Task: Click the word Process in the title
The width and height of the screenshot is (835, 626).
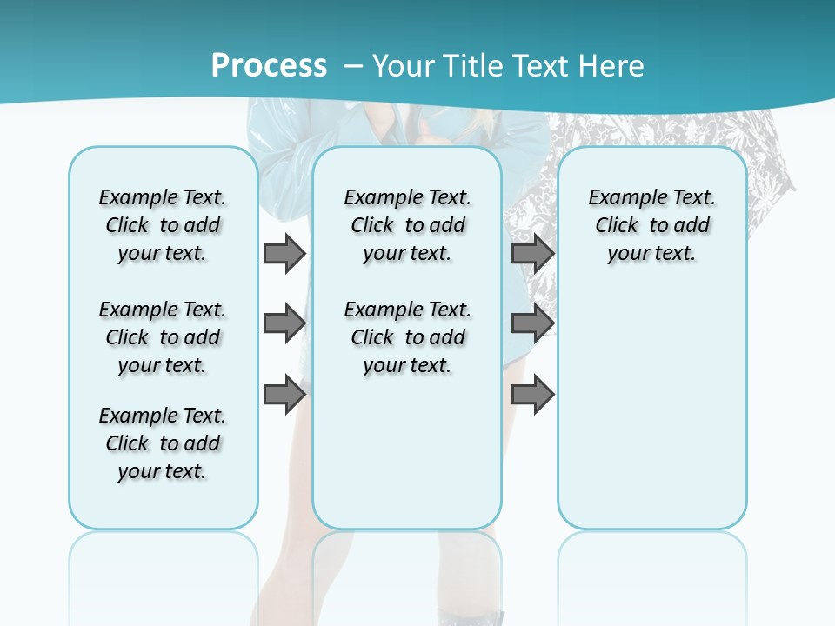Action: coord(269,66)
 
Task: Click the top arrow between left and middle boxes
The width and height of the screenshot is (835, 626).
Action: coord(284,253)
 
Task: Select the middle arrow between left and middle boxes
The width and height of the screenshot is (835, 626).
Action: coord(284,323)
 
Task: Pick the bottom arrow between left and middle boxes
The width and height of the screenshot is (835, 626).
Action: coord(284,395)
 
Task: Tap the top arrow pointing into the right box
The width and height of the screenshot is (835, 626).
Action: coord(532,253)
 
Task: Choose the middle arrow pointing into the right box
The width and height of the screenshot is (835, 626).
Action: coord(532,323)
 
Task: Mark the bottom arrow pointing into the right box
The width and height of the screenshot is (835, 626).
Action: coord(532,395)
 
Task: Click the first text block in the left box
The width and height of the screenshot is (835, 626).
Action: coord(163,225)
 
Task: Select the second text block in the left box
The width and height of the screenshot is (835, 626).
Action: coord(163,337)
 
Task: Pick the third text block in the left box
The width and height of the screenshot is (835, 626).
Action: coord(163,443)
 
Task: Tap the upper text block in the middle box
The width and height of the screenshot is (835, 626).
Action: coord(407,225)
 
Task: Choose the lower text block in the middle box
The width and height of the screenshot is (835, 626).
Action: coord(407,337)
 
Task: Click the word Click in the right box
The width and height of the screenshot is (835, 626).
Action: coord(617,226)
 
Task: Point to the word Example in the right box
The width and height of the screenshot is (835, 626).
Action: coord(622,198)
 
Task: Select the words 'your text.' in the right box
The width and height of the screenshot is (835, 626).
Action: coord(651,254)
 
